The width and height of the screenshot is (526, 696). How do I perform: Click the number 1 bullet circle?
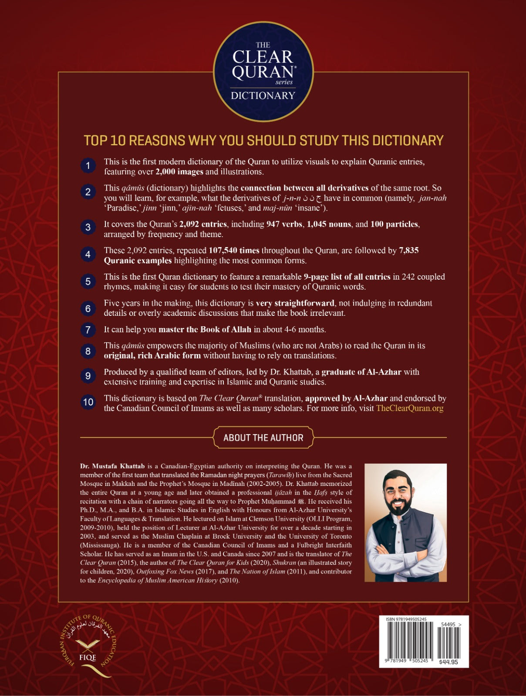[x=88, y=166]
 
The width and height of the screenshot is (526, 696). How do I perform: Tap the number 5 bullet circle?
[x=88, y=281]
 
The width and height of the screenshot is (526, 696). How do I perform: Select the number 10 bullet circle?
[x=88, y=402]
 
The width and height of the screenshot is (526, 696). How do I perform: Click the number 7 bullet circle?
[x=88, y=330]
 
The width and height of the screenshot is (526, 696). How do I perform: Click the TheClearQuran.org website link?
[x=409, y=408]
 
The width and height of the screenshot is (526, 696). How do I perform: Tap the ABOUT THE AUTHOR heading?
[x=263, y=438]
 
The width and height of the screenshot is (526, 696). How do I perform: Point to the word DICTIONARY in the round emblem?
[x=263, y=96]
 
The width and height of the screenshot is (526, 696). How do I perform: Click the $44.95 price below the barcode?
[x=448, y=662]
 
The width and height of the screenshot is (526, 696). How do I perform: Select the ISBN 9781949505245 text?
[x=406, y=619]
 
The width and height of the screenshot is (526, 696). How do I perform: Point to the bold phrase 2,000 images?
[x=179, y=172]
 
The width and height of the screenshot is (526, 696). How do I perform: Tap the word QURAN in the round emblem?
[x=263, y=72]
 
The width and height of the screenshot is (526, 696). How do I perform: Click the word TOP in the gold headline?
[x=95, y=141]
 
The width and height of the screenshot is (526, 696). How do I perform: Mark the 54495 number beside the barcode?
[x=448, y=624]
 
